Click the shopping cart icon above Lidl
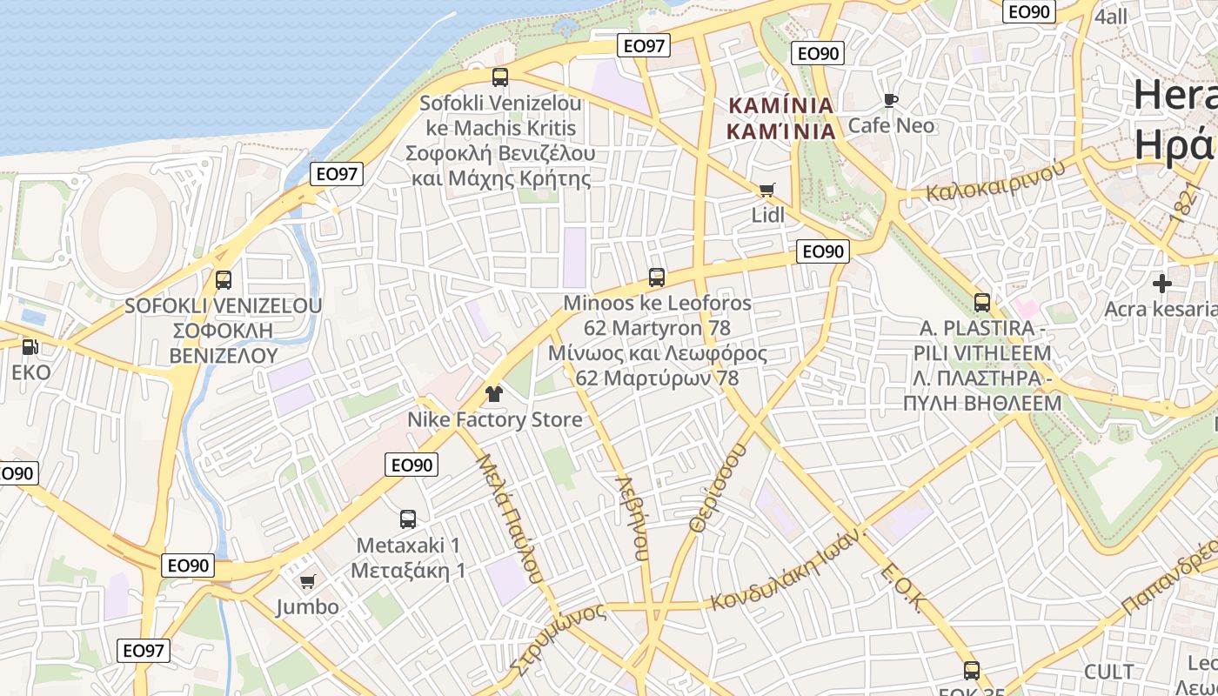(766, 190)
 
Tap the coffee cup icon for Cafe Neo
(890, 100)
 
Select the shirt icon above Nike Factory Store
(494, 394)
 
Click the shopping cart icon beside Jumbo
(307, 581)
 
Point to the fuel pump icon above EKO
(30, 346)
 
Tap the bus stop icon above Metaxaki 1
(407, 519)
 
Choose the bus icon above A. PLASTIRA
(982, 303)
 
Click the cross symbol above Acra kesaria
(1162, 284)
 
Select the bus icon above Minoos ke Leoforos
(657, 278)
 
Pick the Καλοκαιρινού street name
(995, 180)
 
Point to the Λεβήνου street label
(632, 517)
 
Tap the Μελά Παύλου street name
(510, 519)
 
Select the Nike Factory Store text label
(495, 419)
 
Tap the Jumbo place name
(307, 606)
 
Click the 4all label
(1111, 17)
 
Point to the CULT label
(1109, 672)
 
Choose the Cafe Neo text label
(891, 125)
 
